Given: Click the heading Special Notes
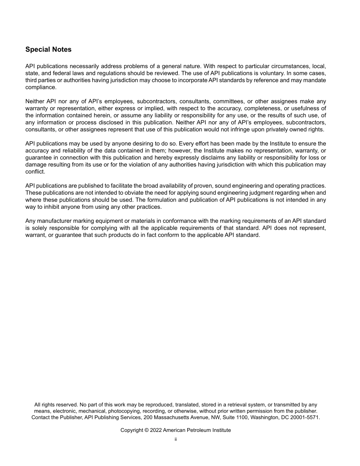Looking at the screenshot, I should click(48, 50).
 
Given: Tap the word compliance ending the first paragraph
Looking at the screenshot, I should click(41, 87).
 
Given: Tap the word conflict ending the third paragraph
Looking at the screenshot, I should click(35, 172).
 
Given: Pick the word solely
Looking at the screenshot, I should click(40, 228).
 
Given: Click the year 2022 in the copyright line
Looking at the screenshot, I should click(156, 430).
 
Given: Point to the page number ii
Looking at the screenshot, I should click(176, 439).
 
